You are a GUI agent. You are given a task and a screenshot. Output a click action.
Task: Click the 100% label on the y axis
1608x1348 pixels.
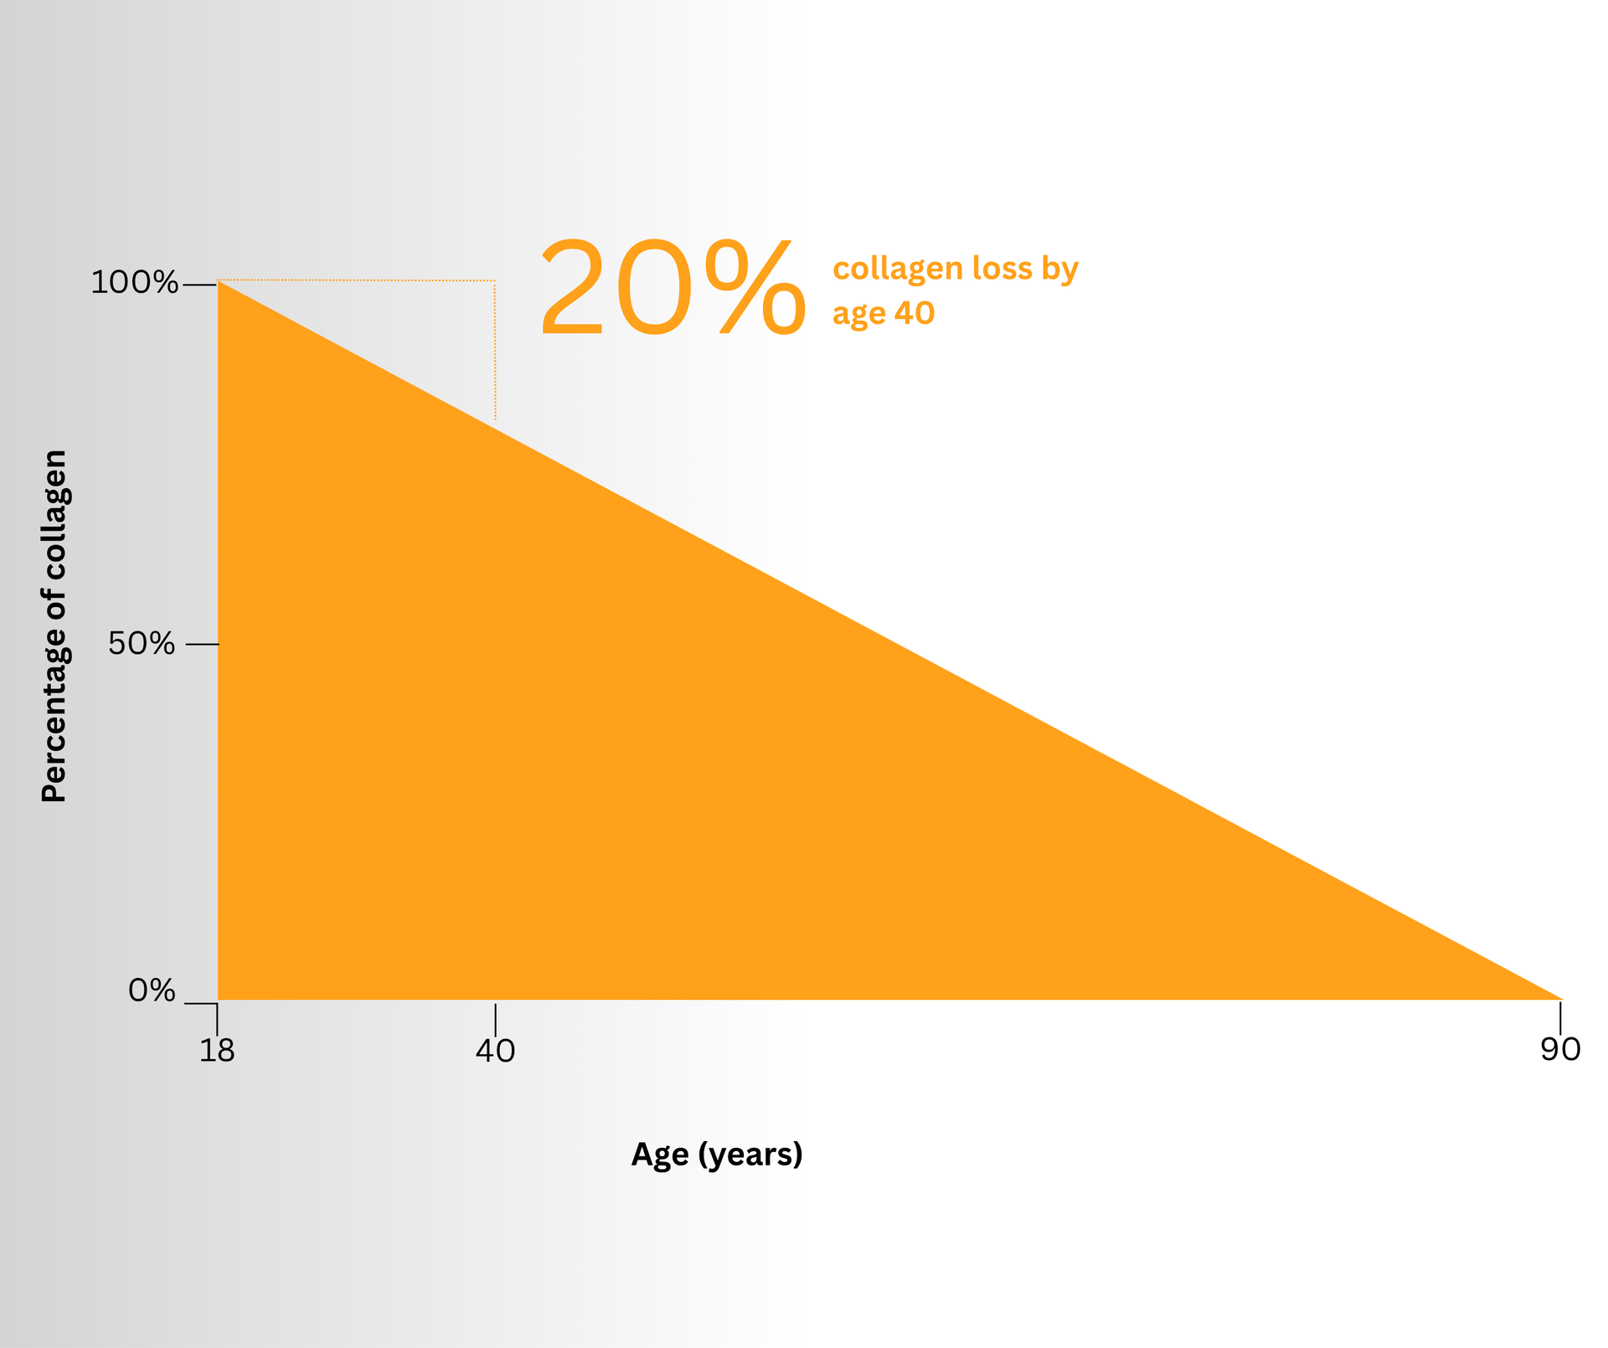click(134, 283)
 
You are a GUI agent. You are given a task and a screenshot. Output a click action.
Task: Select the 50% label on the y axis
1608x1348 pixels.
click(142, 644)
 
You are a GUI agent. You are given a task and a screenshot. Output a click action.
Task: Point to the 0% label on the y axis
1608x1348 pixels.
click(152, 990)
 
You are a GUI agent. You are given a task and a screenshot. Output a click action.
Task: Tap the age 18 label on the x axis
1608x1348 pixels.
click(217, 1050)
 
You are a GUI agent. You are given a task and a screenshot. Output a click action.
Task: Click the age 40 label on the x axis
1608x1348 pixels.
click(495, 1050)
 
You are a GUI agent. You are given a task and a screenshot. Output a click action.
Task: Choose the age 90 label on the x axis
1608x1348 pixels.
click(1560, 1049)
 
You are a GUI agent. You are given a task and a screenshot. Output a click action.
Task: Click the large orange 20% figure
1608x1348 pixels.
click(673, 289)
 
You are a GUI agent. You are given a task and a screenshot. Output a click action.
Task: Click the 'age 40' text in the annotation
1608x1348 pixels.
click(884, 314)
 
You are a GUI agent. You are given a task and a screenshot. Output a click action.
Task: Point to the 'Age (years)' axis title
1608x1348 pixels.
click(717, 1155)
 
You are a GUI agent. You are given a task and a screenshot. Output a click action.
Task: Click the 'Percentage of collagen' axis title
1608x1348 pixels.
click(54, 625)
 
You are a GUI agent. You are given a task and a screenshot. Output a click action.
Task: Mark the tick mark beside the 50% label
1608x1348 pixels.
click(202, 644)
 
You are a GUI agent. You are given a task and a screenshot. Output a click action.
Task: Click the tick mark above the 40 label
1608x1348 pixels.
click(495, 1019)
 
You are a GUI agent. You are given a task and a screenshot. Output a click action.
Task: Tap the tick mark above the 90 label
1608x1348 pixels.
click(1560, 1018)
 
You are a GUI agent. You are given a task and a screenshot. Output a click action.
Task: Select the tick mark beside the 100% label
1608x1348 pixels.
click(200, 286)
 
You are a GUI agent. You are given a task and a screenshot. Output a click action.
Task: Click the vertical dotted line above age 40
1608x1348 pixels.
click(495, 350)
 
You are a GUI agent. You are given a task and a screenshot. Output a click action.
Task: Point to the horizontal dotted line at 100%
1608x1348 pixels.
click(356, 280)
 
